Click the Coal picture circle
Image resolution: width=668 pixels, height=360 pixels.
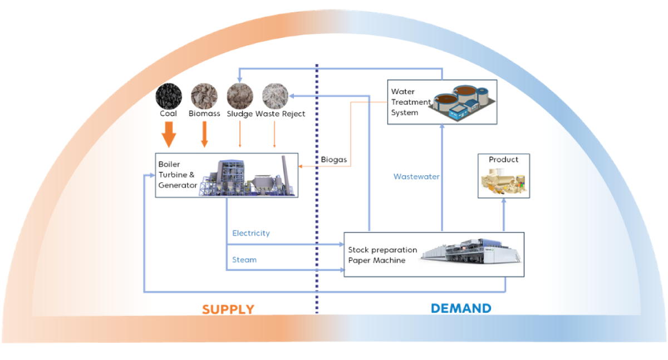(169, 95)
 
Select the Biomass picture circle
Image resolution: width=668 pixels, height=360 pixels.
(204, 95)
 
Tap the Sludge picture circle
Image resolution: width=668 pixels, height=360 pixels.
(240, 95)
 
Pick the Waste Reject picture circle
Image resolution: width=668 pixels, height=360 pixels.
(276, 95)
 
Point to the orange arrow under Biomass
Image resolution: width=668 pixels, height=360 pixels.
(204, 134)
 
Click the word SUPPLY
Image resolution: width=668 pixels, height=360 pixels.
(228, 309)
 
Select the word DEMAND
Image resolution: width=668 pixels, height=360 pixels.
(461, 308)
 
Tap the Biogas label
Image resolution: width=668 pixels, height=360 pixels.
(334, 160)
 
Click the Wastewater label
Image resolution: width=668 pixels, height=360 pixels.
(416, 176)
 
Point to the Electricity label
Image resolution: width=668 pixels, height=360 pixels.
(251, 233)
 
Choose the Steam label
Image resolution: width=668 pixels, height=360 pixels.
(244, 260)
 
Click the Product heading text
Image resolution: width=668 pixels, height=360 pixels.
(503, 160)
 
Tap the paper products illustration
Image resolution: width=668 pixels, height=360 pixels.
(504, 181)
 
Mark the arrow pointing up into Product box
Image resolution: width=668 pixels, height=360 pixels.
(504, 214)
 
